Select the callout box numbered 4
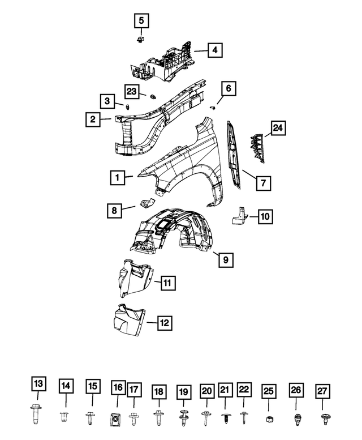pos(214,50)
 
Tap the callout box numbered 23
pos(132,92)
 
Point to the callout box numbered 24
pos(277,129)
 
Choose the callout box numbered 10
pos(265,216)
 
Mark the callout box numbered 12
pos(164,323)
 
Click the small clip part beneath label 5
pos(140,39)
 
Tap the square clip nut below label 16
pos(118,419)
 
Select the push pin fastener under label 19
pos(184,420)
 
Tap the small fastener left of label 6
pos(214,106)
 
